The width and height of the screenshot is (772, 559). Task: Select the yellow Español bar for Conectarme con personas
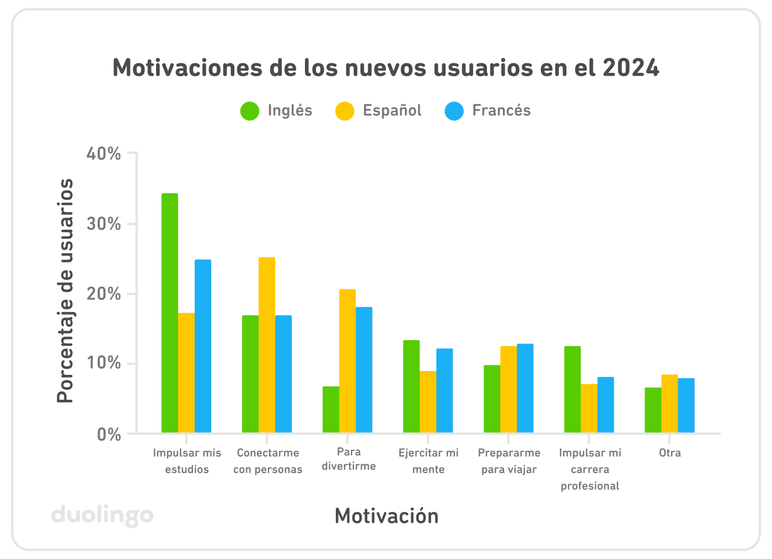pos(267,345)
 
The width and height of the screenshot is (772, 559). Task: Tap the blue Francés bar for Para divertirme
pos(364,369)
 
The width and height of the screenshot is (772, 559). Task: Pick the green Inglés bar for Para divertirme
pos(331,409)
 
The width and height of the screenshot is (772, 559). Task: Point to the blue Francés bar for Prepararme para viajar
pos(525,388)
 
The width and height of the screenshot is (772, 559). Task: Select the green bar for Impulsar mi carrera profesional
pos(572,389)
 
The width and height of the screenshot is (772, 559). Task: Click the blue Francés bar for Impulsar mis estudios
pos(203,346)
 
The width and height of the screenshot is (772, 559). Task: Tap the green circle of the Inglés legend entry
pos(250,111)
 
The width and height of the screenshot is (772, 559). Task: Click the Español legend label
pos(392,111)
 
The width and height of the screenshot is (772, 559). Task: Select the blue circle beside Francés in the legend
pos(454,111)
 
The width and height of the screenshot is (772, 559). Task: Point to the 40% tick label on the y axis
pos(104,154)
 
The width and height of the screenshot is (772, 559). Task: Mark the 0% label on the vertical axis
pos(109,434)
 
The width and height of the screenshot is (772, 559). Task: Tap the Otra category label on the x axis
pos(670,453)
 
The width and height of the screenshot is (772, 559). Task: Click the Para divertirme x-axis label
pos(349,459)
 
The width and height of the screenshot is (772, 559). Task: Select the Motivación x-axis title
pos(387,517)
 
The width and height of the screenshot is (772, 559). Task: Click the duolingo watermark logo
pos(103,516)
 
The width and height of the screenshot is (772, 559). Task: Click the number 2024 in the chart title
pos(631,68)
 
